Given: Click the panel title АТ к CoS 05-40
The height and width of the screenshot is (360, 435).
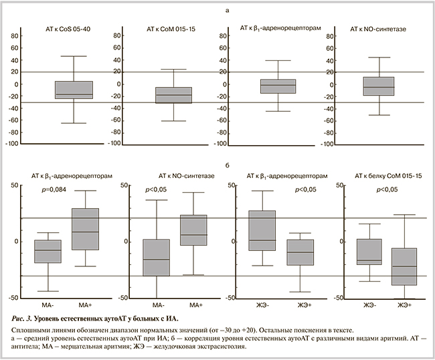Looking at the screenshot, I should (68, 29).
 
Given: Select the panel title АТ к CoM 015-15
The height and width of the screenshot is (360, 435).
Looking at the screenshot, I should (172, 29).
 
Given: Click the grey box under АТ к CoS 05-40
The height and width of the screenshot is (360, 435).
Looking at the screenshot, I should (74, 90).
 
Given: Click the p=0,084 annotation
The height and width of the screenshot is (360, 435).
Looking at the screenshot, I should (54, 191).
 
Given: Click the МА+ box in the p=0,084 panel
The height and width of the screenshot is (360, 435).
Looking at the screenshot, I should (85, 229).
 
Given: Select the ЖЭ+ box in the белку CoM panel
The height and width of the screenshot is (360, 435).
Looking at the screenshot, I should (404, 266).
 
